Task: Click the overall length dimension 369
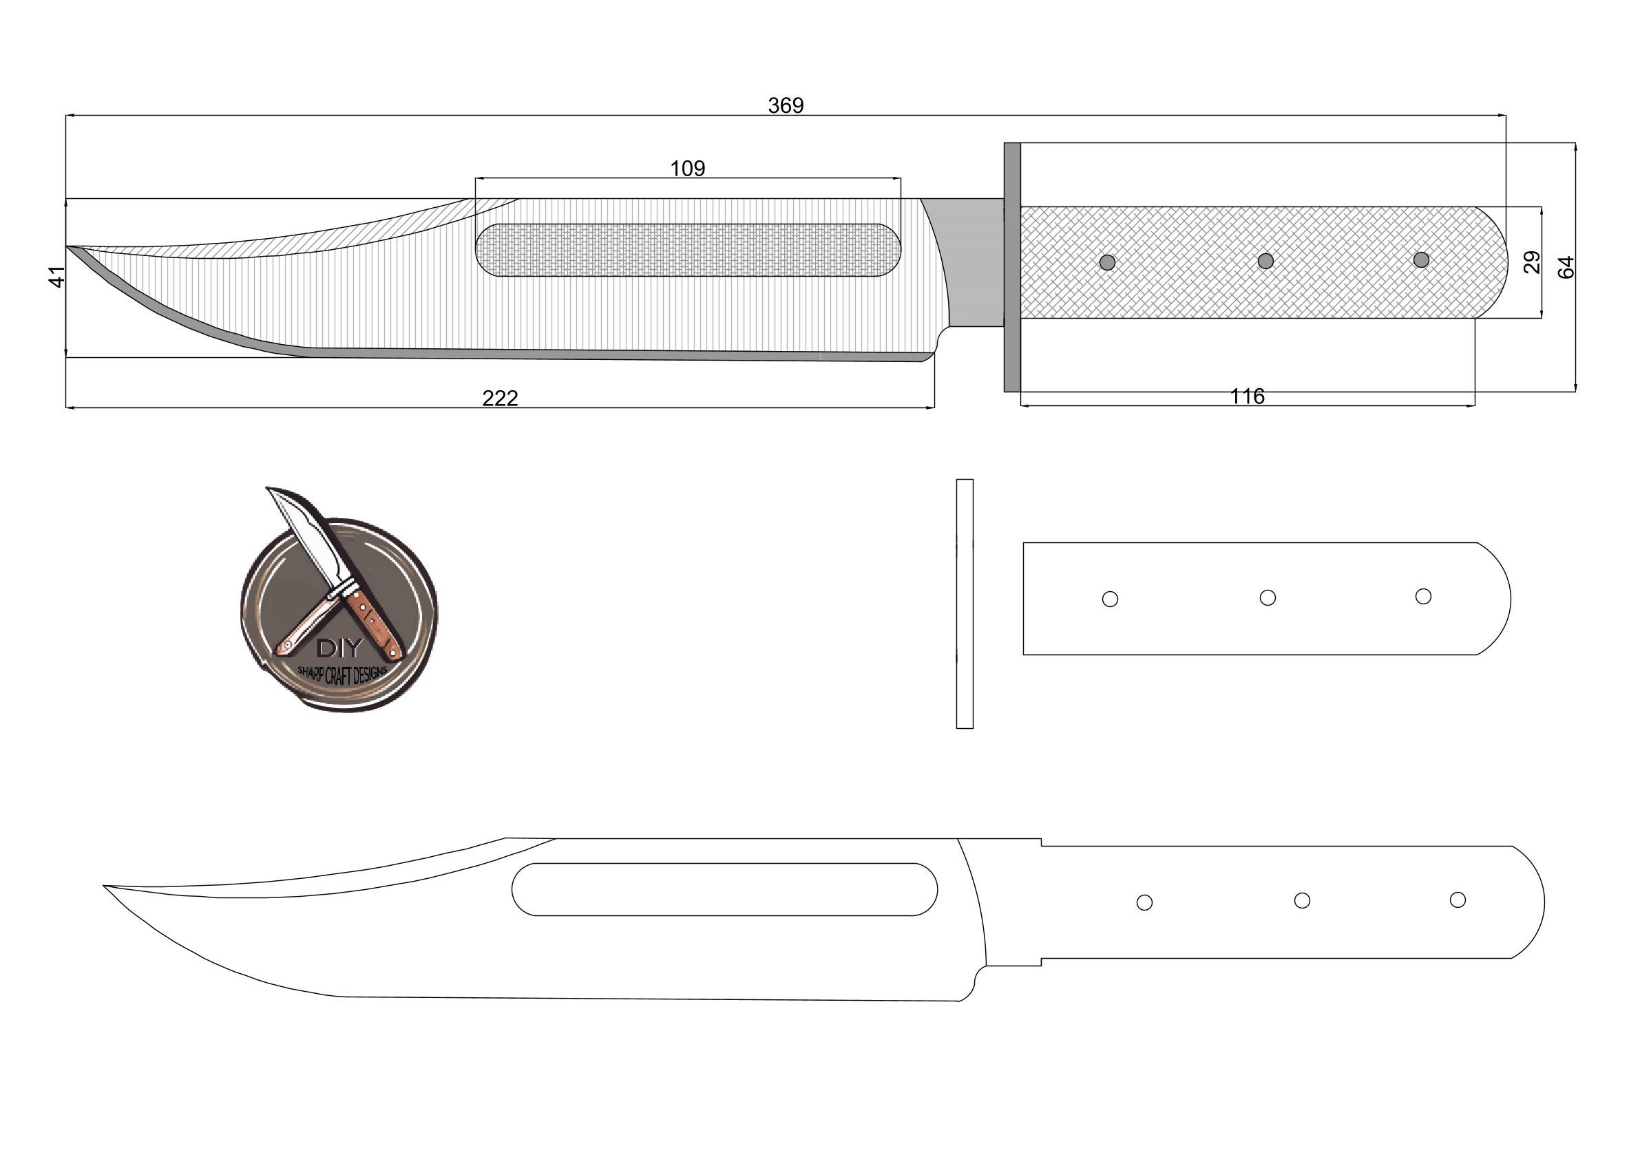785,105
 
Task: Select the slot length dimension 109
687,168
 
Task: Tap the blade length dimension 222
499,398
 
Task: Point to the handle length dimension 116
1246,396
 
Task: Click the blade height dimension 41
56,277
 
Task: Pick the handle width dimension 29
1531,262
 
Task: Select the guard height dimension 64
1564,267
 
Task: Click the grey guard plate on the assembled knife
1011,267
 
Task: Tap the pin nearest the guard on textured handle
1107,262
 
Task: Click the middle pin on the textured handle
1265,261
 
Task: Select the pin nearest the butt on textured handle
1421,259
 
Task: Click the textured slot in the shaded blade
687,250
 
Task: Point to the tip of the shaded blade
69,247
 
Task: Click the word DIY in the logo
339,648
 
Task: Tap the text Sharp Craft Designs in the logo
342,673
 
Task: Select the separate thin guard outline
965,604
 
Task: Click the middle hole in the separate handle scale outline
1267,597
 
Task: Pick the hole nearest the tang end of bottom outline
1457,900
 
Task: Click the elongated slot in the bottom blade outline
724,889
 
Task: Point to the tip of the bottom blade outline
106,886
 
